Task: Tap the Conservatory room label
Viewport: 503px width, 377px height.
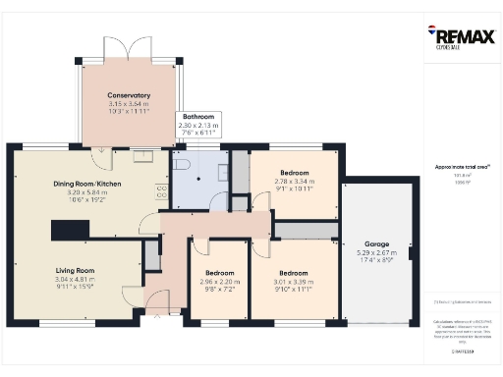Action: point(130,95)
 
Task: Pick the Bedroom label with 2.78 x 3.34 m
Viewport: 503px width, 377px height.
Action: point(295,172)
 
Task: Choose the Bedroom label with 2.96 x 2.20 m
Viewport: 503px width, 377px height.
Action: point(219,272)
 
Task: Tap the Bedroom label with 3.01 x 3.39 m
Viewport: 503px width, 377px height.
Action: point(294,272)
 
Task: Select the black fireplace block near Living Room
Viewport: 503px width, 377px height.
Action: point(69,228)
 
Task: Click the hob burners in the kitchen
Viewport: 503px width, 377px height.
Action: point(163,193)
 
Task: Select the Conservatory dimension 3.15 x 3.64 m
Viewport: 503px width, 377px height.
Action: point(130,103)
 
